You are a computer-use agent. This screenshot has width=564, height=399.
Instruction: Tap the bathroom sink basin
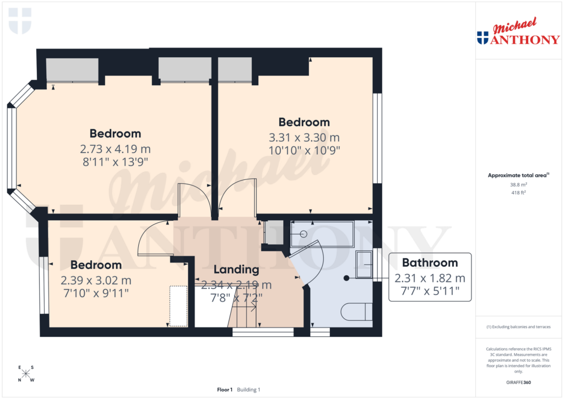click(x=364, y=265)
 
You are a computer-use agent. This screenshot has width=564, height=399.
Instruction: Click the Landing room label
click(x=236, y=270)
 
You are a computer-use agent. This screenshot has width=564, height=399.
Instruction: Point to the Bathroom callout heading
click(x=430, y=263)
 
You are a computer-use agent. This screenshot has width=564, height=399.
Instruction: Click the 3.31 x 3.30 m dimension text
click(x=304, y=138)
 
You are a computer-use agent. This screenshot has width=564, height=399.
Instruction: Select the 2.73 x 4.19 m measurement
click(x=115, y=149)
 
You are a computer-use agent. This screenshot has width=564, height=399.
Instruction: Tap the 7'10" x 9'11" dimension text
click(x=96, y=293)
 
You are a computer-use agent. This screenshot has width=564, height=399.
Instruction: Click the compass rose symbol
click(x=26, y=374)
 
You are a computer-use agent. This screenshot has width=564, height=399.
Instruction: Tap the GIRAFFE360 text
click(x=518, y=382)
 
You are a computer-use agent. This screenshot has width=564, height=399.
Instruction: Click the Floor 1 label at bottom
click(x=225, y=390)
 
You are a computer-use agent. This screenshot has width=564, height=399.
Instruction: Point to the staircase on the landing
click(x=242, y=316)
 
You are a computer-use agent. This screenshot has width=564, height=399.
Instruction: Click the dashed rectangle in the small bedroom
click(x=178, y=306)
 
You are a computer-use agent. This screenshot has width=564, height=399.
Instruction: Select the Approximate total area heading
click(x=517, y=175)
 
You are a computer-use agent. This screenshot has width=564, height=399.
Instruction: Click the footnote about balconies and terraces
click(x=518, y=327)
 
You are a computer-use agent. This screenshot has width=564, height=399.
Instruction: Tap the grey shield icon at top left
click(x=20, y=20)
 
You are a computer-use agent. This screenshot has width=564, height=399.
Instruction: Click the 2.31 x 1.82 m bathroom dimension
click(x=430, y=278)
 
